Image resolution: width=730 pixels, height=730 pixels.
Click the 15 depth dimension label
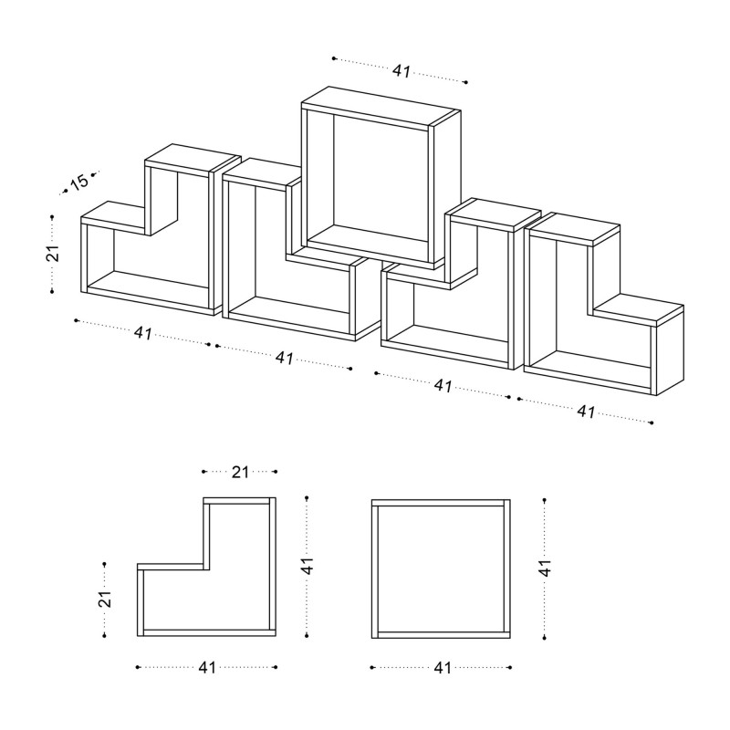coord(79,182)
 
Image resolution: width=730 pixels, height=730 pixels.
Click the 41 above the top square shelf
coord(401,70)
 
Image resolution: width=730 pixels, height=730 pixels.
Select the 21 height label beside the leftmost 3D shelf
coord(53,254)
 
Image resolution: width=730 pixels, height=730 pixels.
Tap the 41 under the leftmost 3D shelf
coord(142,333)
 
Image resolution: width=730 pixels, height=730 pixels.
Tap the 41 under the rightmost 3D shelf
coord(586,412)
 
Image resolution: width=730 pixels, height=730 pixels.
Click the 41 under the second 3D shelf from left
coord(284,358)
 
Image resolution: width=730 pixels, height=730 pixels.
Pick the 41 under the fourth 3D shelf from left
coord(443,386)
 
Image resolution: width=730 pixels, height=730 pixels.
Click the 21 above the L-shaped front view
coord(239,472)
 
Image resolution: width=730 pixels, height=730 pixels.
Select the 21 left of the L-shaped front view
coord(105,600)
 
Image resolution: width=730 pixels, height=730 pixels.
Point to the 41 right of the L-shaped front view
coord(308,566)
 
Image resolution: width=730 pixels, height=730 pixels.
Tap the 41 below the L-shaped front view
coord(207,668)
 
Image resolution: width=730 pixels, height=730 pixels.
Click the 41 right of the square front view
coord(545,566)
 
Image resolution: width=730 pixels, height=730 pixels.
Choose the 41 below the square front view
coord(443,668)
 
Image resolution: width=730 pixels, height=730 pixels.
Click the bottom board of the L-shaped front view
coord(208,632)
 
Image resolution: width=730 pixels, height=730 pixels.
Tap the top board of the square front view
coord(441,502)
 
